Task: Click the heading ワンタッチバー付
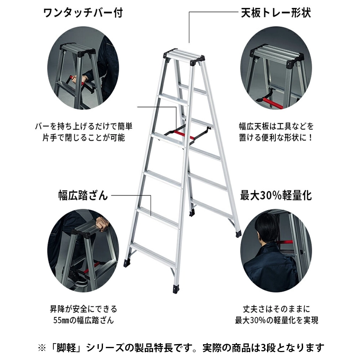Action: coord(83,13)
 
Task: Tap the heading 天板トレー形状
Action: coord(276,13)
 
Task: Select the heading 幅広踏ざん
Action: coord(83,195)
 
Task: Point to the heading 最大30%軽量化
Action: coord(276,195)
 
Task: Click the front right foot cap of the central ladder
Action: coord(176,289)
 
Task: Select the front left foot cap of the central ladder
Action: coord(127,263)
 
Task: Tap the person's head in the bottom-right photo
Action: coord(267,227)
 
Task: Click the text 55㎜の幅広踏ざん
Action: coord(84,320)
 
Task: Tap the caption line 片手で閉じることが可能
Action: coord(84,138)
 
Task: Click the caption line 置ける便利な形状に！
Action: coord(276,138)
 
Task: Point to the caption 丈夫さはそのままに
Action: coord(276,309)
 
